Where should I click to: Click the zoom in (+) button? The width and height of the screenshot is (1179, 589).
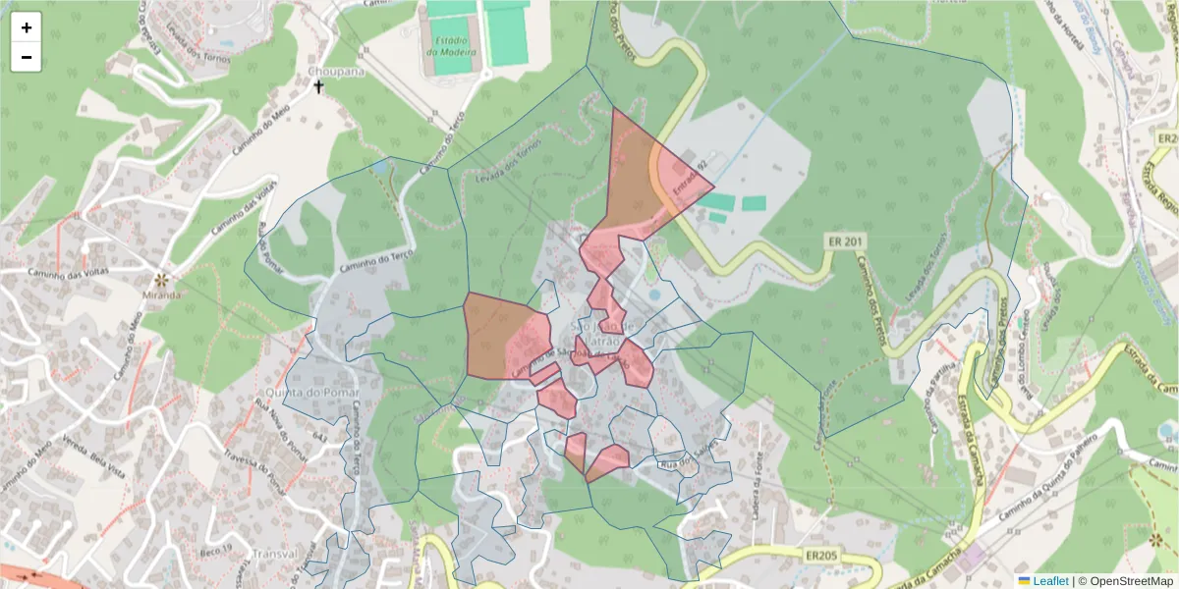tap(27, 27)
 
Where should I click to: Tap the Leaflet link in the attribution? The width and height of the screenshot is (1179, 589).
tap(1050, 581)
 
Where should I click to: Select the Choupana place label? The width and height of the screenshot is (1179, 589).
tap(335, 72)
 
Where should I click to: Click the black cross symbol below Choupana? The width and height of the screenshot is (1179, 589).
tap(318, 87)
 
